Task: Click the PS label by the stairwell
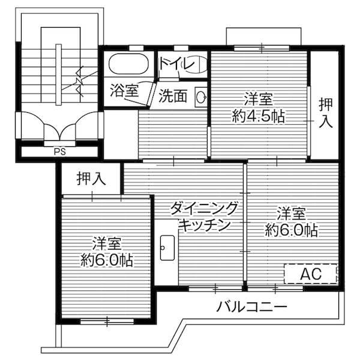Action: (x=59, y=151)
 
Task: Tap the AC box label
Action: (x=311, y=274)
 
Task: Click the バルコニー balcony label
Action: (x=252, y=307)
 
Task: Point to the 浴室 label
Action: (x=124, y=91)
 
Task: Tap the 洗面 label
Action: (x=173, y=96)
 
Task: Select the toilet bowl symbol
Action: (x=196, y=65)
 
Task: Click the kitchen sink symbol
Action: (x=167, y=246)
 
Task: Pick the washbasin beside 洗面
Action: (x=201, y=96)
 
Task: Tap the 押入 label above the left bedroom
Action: (x=91, y=178)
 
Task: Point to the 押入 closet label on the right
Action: (x=325, y=113)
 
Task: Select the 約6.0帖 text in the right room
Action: (x=292, y=230)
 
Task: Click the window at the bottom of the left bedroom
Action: (x=107, y=321)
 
